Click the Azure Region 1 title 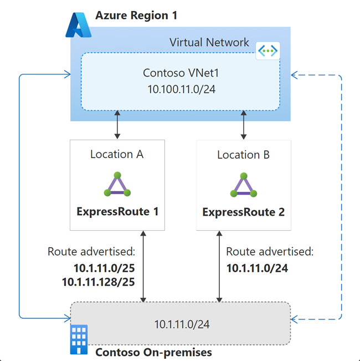click(136, 16)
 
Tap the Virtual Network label click(209, 43)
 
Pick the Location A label click(117, 155)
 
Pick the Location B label click(243, 155)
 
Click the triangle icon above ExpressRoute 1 click(117, 184)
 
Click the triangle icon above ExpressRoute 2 click(243, 185)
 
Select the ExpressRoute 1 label click(117, 212)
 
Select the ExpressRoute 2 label click(243, 212)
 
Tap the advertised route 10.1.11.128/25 click(99, 282)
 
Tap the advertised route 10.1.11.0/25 click(105, 268)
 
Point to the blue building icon click(79, 339)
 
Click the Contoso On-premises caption click(153, 352)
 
